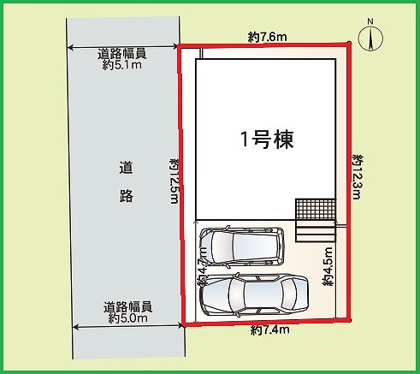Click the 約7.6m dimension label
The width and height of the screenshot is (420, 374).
click(267, 37)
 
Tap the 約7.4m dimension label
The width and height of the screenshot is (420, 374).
click(270, 330)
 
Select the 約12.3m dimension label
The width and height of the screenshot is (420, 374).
click(358, 177)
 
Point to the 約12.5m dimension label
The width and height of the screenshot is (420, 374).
click(175, 181)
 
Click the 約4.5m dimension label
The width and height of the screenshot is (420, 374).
click(328, 266)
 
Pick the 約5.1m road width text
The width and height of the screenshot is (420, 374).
click(122, 65)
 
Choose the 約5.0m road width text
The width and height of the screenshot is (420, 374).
click(127, 318)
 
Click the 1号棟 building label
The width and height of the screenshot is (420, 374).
click(267, 140)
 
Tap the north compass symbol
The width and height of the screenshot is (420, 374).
click(370, 39)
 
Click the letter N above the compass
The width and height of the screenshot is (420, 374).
click(370, 21)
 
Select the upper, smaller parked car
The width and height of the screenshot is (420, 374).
click(241, 245)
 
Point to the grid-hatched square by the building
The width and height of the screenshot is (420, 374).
click(316, 209)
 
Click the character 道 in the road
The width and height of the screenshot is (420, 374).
click(126, 168)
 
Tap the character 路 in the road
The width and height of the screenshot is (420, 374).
click(126, 195)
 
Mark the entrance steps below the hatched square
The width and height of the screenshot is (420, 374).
click(316, 231)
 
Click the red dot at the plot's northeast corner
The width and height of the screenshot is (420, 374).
click(349, 44)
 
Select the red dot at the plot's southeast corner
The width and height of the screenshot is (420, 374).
click(350, 320)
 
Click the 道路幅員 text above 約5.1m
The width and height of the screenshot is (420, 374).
click(122, 54)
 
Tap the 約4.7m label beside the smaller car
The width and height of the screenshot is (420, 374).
click(203, 266)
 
